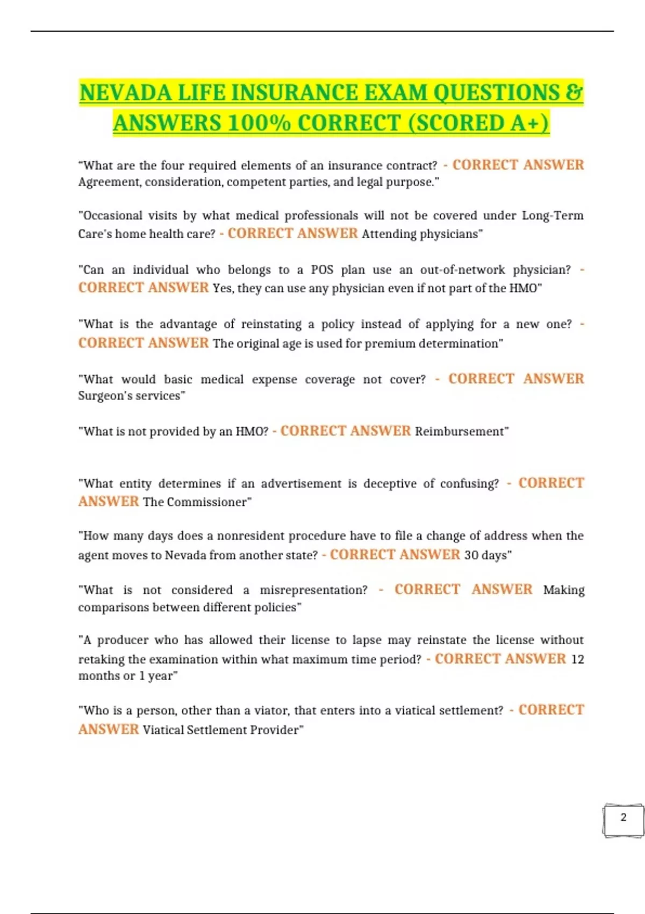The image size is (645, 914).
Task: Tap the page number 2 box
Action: (623, 819)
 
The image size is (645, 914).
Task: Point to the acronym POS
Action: (322, 270)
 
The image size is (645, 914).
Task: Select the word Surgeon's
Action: (105, 396)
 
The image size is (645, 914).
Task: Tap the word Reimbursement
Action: (460, 432)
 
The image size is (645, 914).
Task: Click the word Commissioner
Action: (207, 502)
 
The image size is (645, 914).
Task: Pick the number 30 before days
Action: (471, 555)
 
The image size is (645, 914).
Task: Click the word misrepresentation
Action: (313, 590)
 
